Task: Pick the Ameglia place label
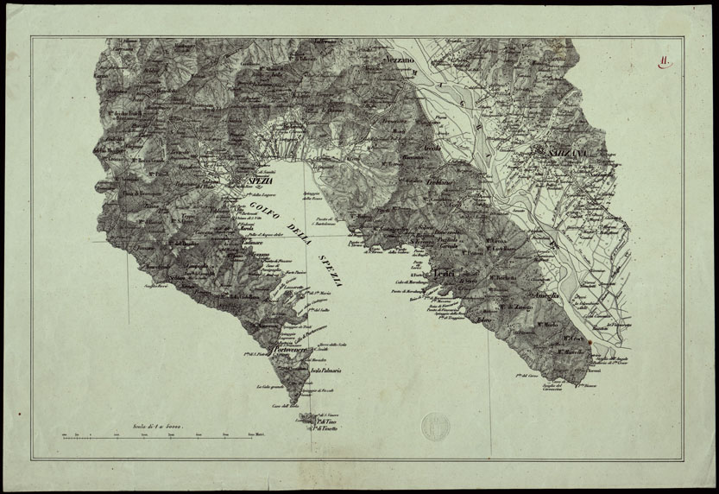(x=547, y=296)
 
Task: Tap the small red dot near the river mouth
(x=590, y=341)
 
